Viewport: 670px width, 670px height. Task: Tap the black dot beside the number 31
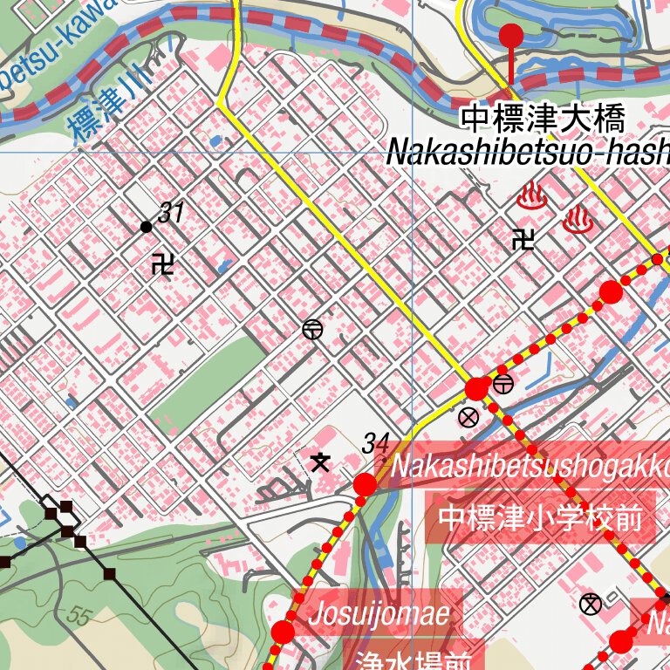(146, 227)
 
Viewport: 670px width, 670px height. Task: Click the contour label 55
(78, 617)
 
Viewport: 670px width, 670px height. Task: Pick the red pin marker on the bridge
(510, 37)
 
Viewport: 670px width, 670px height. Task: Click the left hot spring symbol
(531, 197)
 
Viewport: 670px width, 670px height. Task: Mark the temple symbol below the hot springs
(523, 238)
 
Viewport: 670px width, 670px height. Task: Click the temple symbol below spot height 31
(162, 263)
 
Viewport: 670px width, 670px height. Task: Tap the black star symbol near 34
(320, 461)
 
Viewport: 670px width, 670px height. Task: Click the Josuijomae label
(379, 613)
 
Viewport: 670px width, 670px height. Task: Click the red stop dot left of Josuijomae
(283, 632)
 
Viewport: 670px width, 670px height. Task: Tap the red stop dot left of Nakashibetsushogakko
(365, 484)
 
